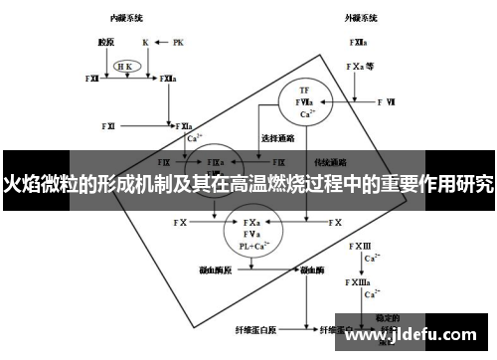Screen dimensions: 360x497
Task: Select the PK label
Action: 178,43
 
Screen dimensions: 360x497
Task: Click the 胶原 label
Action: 106,43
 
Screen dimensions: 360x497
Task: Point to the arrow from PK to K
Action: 161,43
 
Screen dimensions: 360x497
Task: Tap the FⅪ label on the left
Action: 108,126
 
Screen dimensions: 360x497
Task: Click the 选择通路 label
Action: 275,137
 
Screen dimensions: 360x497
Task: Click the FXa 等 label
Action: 360,67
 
